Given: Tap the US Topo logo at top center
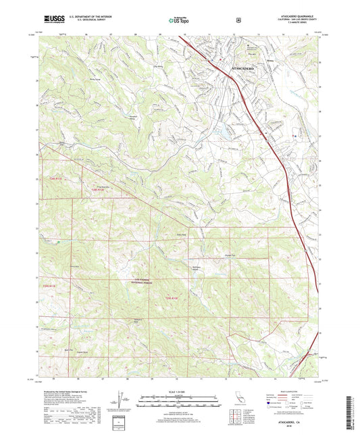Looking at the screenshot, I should pyautogui.click(x=179, y=20).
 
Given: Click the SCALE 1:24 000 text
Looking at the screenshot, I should pyautogui.click(x=179, y=390).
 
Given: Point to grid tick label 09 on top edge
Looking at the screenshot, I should pyautogui.click(x=160, y=34).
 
